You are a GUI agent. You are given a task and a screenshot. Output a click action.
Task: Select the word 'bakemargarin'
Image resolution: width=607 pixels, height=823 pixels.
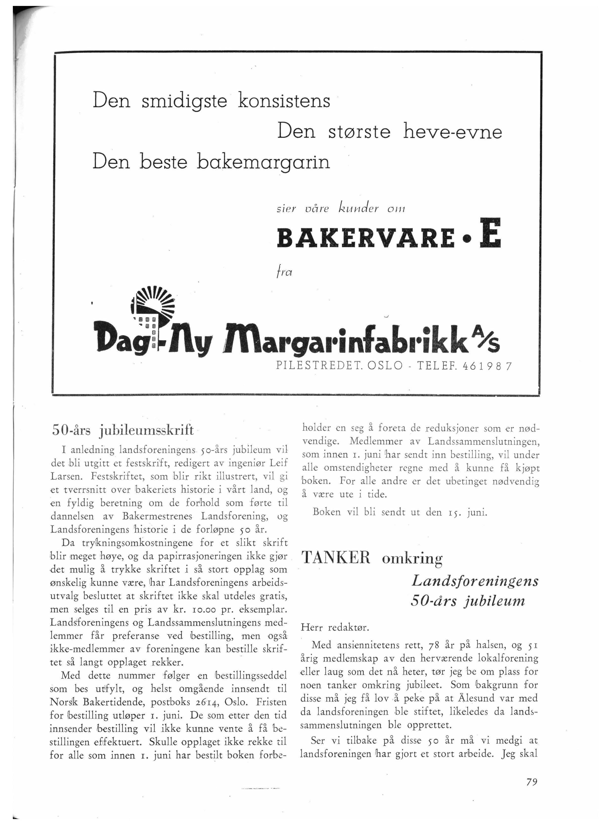click(x=263, y=162)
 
